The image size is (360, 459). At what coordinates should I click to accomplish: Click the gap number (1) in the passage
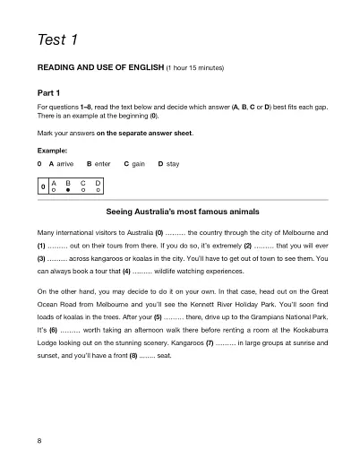(41, 244)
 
